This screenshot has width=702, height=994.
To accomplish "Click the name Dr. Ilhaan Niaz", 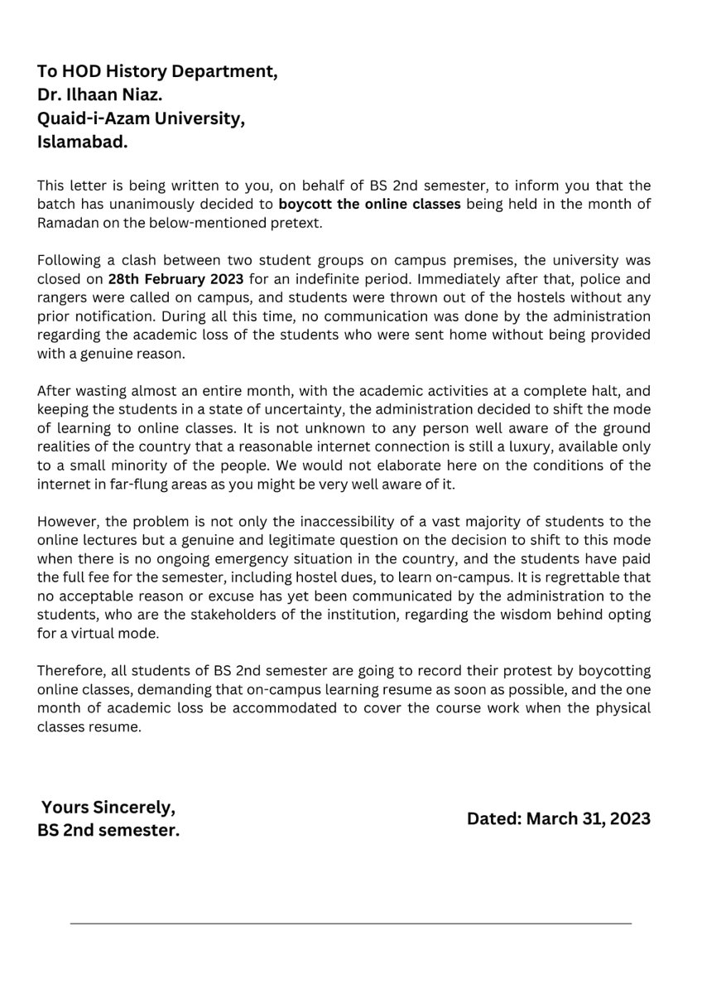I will [x=104, y=94].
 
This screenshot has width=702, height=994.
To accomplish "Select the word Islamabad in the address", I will [x=83, y=142].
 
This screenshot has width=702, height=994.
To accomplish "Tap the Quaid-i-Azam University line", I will [x=141, y=118].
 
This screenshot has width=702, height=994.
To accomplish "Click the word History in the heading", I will [x=130, y=71].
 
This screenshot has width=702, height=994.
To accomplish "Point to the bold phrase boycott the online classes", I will [x=369, y=203].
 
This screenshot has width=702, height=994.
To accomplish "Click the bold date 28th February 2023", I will [x=175, y=277].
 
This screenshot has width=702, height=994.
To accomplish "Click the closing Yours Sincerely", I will [x=108, y=807].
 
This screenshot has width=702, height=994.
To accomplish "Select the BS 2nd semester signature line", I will [x=108, y=830].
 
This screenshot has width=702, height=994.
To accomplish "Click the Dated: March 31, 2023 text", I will [x=559, y=818].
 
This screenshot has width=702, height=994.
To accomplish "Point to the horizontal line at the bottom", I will [x=350, y=923].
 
